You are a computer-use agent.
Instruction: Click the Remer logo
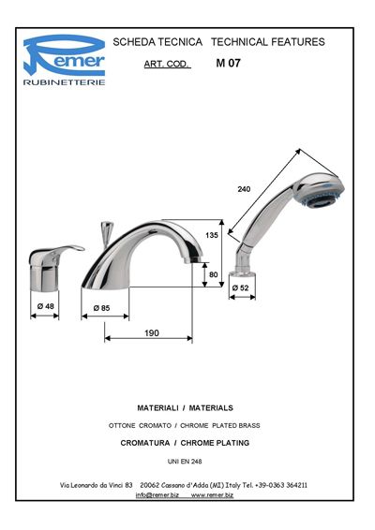[64, 60]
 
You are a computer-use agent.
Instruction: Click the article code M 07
[228, 63]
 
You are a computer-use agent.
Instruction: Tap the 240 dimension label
[244, 189]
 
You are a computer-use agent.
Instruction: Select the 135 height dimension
[212, 235]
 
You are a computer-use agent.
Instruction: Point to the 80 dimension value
[213, 274]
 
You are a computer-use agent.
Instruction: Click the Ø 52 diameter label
[240, 287]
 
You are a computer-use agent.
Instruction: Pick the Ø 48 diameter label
[46, 306]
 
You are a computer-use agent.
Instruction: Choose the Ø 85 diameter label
[101, 308]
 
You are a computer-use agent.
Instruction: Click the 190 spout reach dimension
[152, 333]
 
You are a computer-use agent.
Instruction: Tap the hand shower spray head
[319, 191]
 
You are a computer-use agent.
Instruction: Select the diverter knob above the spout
[107, 233]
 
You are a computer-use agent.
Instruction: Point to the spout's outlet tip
[193, 260]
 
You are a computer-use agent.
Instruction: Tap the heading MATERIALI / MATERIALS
[185, 408]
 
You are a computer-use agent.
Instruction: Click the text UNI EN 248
[185, 462]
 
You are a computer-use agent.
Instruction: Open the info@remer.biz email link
[157, 495]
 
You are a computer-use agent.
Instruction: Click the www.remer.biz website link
[212, 495]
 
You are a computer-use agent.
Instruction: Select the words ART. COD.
[166, 64]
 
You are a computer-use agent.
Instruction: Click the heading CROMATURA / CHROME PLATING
[185, 443]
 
